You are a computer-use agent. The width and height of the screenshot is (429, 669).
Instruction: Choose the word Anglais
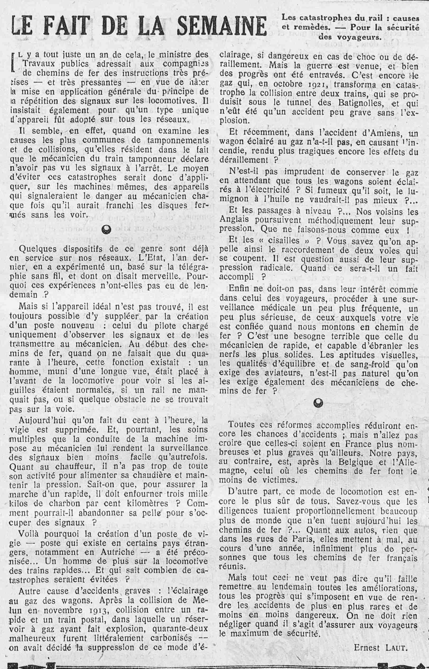[x=233, y=221]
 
